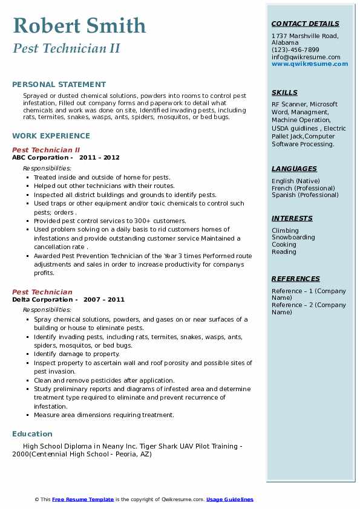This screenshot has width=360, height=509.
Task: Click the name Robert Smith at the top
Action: [79, 25]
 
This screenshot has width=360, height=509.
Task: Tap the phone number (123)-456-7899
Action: [295, 50]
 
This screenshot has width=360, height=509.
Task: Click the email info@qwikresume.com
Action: [306, 57]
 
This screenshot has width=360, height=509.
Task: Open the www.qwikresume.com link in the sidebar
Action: [310, 63]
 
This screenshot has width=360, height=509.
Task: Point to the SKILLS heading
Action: [284, 92]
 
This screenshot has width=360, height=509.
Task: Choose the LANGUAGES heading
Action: [294, 169]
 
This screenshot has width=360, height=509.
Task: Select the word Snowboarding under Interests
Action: [293, 238]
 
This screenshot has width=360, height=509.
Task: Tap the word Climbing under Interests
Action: [285, 230]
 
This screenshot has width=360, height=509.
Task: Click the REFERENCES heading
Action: [296, 279]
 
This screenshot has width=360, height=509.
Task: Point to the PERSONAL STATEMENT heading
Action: [59, 85]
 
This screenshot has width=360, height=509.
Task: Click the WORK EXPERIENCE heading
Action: [51, 136]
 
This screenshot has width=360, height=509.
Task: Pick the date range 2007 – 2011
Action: [103, 300]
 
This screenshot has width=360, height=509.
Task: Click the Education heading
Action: [32, 433]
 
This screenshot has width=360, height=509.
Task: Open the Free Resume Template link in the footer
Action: [83, 499]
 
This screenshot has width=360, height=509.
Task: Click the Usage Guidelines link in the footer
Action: [229, 499]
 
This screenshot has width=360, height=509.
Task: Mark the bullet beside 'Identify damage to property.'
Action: [28, 354]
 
